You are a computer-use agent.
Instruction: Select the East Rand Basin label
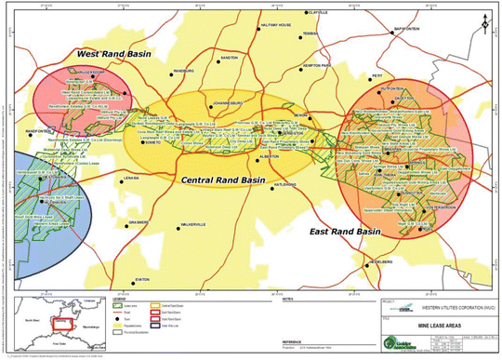coord(349,231)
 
